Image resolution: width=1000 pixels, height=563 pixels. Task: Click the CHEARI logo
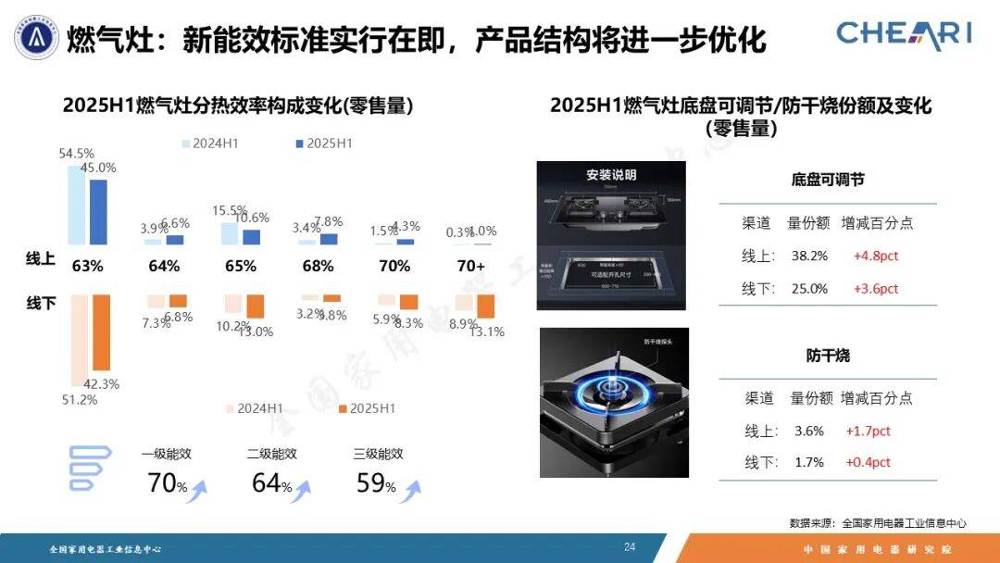pyautogui.click(x=904, y=33)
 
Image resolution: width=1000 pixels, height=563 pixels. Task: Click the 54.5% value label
pyautogui.click(x=76, y=154)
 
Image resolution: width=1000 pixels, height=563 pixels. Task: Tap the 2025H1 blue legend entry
pyautogui.click(x=323, y=144)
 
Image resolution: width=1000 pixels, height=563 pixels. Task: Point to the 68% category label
pyautogui.click(x=318, y=266)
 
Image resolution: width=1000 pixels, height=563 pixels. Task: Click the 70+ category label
pyautogui.click(x=470, y=266)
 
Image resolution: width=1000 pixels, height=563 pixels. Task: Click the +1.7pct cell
pyautogui.click(x=868, y=431)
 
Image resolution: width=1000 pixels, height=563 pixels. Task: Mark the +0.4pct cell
pyautogui.click(x=868, y=462)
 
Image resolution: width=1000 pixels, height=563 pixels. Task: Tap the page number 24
pyautogui.click(x=630, y=547)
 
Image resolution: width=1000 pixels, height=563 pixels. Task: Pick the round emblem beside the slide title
pyautogui.click(x=36, y=39)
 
